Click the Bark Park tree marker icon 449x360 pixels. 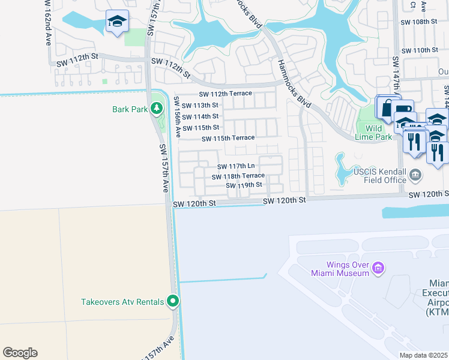157,109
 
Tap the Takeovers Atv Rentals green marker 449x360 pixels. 173,301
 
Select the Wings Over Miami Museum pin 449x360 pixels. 378,268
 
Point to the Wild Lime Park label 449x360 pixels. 374,133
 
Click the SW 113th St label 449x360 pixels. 200,105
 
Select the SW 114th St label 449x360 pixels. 200,116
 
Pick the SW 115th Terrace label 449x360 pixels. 228,139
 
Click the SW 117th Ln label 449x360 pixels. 236,166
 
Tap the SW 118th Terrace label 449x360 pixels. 238,176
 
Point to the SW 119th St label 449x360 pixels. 244,185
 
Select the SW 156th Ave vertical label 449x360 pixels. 178,118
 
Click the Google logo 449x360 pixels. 20,353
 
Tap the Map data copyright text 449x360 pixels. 424,355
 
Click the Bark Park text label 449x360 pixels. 130,109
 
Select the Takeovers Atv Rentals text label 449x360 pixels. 122,302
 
